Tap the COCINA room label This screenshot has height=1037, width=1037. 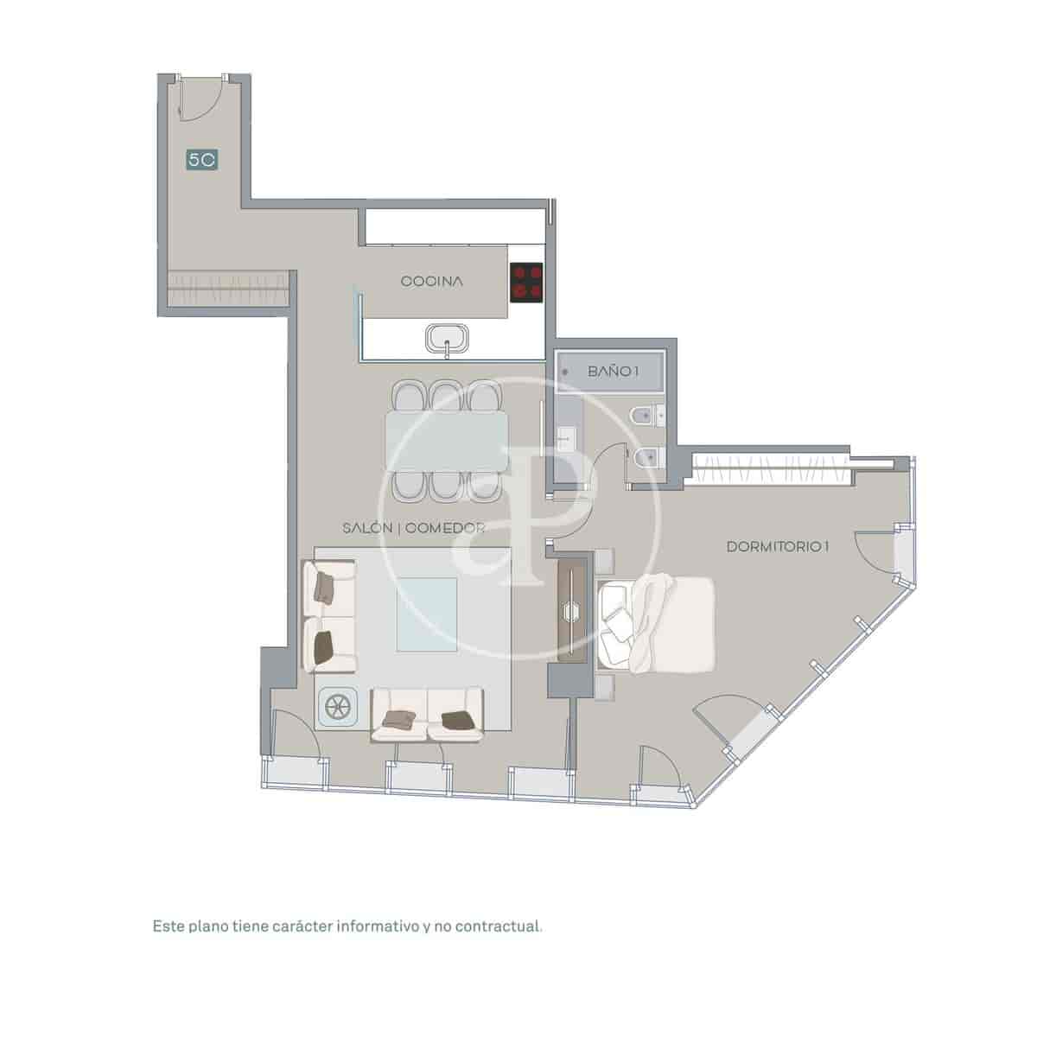432,282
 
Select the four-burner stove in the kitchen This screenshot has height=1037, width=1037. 526,282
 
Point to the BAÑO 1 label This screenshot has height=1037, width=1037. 613,372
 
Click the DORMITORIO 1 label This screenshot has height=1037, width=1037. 778,547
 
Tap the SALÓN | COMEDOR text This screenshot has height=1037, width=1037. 412,528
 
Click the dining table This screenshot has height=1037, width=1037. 447,439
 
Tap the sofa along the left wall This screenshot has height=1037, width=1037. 329,615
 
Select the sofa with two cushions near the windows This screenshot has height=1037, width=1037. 428,714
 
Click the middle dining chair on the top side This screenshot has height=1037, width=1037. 447,397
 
